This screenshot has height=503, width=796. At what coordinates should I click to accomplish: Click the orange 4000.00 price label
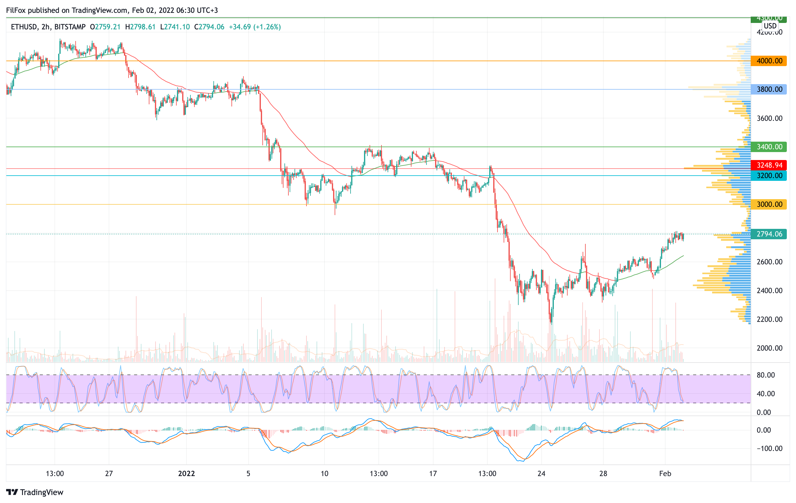pos(769,61)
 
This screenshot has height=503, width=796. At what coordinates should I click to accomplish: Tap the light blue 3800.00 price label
pos(769,89)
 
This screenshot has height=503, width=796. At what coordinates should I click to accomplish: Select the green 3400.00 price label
pos(769,147)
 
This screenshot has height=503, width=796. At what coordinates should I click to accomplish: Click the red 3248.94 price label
pos(769,165)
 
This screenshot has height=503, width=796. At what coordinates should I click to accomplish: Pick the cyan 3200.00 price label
pos(769,175)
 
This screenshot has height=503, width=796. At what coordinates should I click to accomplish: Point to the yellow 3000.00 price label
pos(769,204)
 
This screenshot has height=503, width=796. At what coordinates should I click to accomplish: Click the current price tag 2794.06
pos(769,234)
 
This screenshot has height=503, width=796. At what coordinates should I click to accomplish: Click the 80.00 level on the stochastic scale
pos(766,375)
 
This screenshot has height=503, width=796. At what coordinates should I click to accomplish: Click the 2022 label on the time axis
pos(186,474)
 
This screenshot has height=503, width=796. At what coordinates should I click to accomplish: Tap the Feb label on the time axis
pos(665,474)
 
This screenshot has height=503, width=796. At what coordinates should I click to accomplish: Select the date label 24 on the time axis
pos(541,474)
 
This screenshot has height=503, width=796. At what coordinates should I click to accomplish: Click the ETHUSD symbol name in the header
pos(24,27)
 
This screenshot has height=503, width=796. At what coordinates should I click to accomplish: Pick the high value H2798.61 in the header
pos(140,27)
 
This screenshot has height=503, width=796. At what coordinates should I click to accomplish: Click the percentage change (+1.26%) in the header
pos(267,27)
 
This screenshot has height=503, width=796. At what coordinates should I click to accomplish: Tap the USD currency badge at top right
pos(770,26)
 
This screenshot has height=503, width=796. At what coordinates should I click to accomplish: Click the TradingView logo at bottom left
pos(35,492)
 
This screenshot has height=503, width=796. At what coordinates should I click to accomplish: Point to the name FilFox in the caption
pos(16,10)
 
